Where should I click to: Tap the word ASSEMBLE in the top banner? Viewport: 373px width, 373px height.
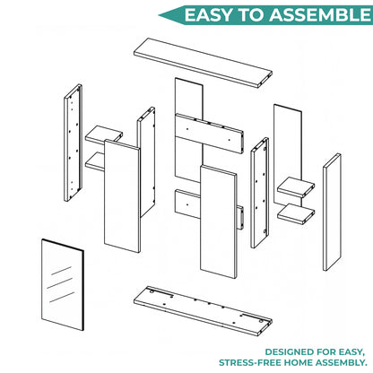320,15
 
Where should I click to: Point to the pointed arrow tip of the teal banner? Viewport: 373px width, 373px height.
159,15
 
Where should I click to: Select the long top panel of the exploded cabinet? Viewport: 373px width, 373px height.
203,63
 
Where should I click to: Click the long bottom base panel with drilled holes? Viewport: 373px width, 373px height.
203,311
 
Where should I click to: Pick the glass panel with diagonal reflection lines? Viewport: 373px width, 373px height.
63,284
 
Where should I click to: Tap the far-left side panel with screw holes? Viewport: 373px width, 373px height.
74,143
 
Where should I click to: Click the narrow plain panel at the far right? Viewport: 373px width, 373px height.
332,212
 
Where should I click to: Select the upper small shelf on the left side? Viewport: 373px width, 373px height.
104,134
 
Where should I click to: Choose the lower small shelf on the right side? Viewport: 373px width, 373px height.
296,214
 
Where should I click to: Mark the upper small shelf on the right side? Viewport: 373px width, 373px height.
296,187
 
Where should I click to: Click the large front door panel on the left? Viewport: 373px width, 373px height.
122,196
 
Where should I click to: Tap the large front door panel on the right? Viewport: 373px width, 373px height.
219,222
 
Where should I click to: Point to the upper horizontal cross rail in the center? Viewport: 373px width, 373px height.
209,134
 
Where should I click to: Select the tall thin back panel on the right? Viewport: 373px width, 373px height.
288,155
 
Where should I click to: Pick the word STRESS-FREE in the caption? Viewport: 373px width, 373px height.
250,362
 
